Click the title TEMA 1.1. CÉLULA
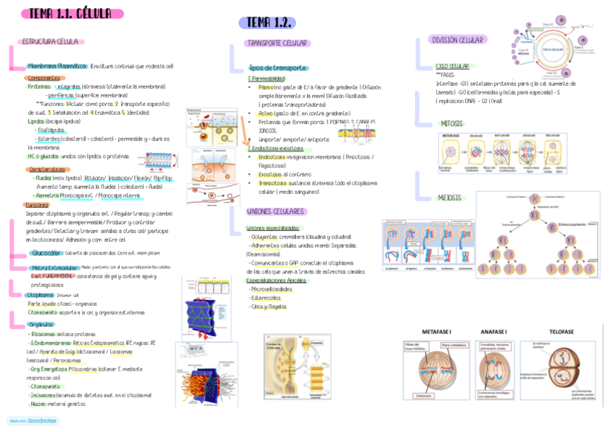tap(71, 14)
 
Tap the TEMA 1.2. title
tap(267, 23)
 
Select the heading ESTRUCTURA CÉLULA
tap(50, 42)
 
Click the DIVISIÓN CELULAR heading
tap(458, 40)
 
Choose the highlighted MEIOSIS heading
tap(450, 198)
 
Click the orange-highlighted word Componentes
tap(43, 77)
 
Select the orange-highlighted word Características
tap(45, 169)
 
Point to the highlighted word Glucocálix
tap(47, 253)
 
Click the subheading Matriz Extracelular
tap(55, 268)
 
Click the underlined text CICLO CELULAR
tap(452, 66)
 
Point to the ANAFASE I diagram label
tap(494, 332)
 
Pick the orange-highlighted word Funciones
tap(37, 205)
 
